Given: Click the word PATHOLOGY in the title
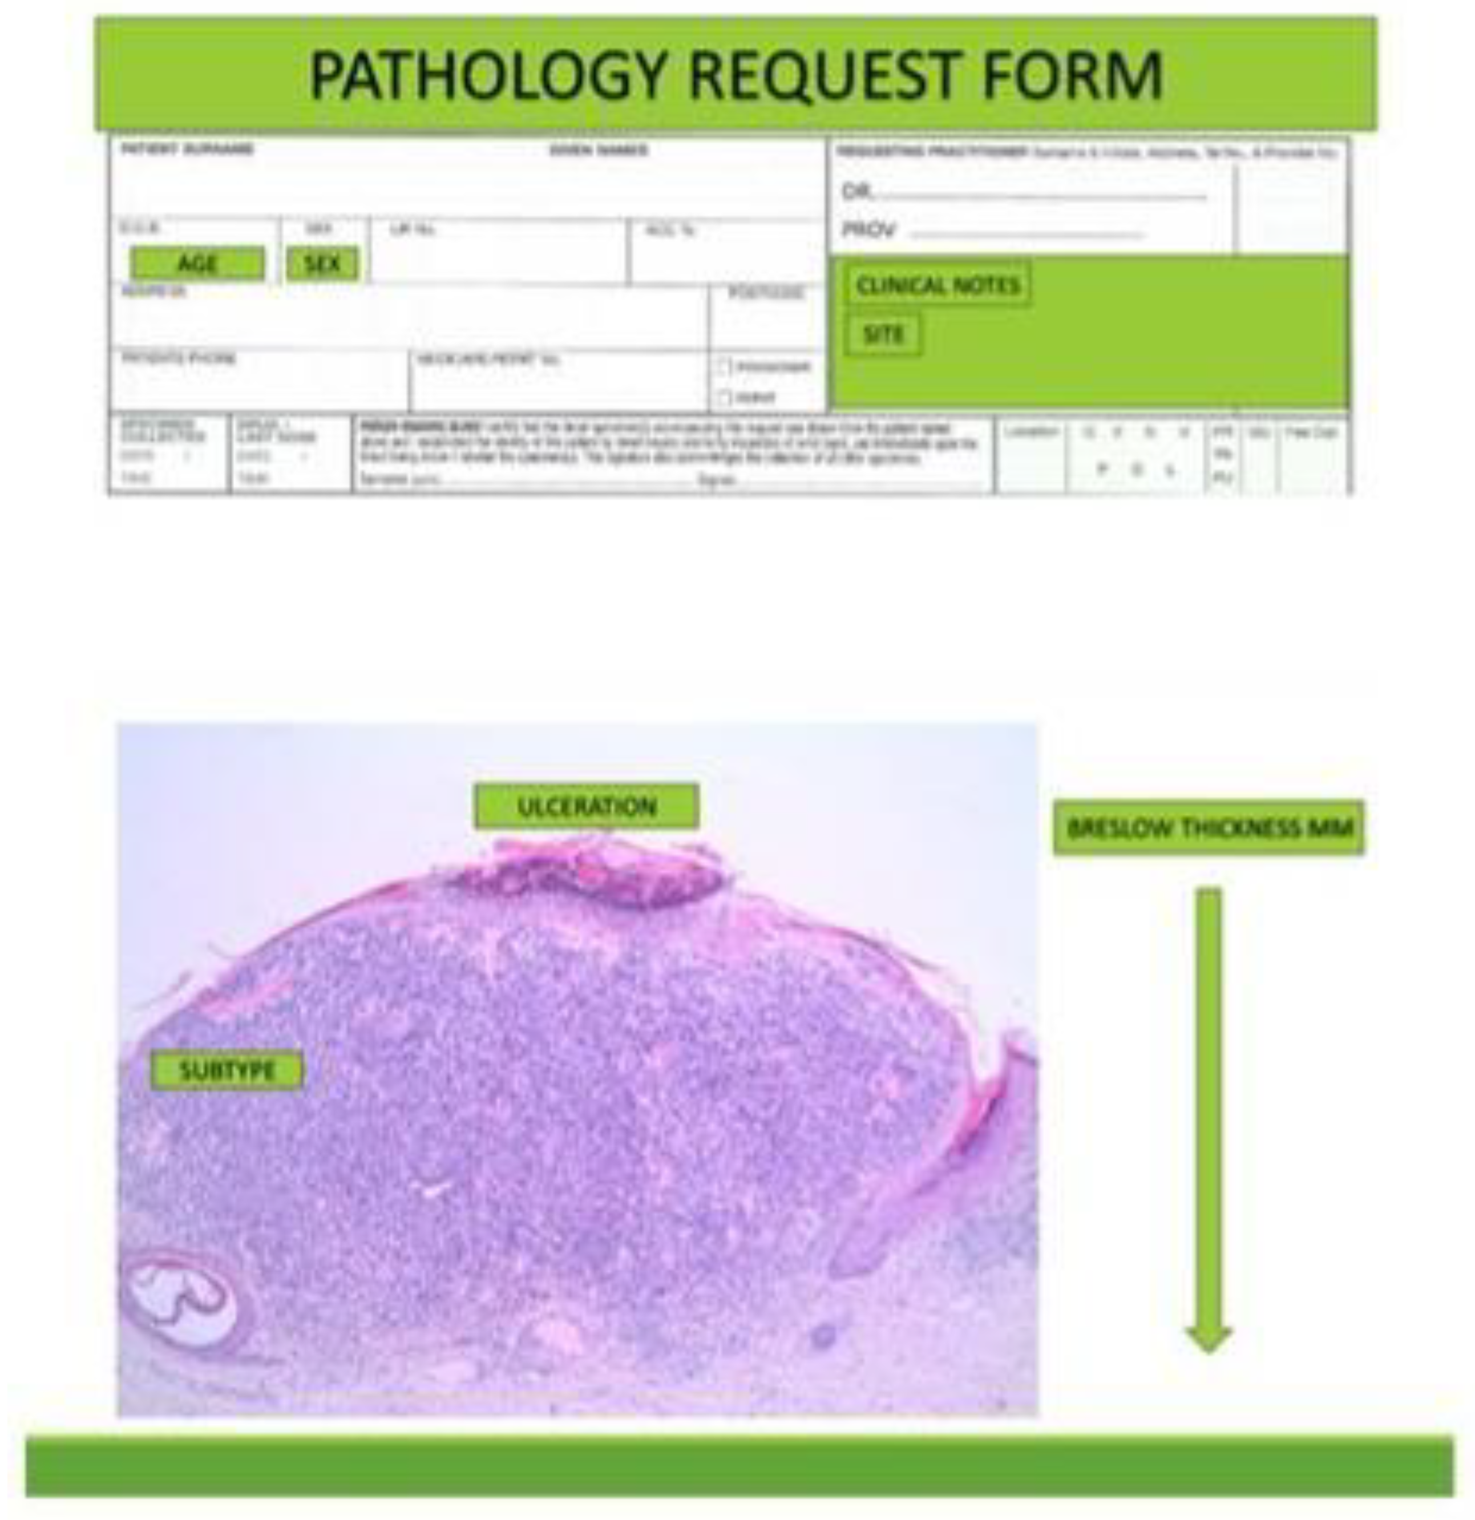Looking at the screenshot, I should (x=487, y=75).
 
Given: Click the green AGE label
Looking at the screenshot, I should (x=198, y=264).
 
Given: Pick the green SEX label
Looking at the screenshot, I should (x=322, y=264).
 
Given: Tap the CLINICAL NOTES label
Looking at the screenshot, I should (x=937, y=285).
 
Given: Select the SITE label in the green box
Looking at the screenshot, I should (x=883, y=335).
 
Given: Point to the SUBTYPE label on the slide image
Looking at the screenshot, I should (x=227, y=1071).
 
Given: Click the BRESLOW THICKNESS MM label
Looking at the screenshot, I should (x=1208, y=828).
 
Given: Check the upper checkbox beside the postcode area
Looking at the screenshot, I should (x=724, y=366).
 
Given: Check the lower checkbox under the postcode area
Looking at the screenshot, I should (x=724, y=398).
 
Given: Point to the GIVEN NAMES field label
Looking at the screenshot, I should (x=598, y=149).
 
